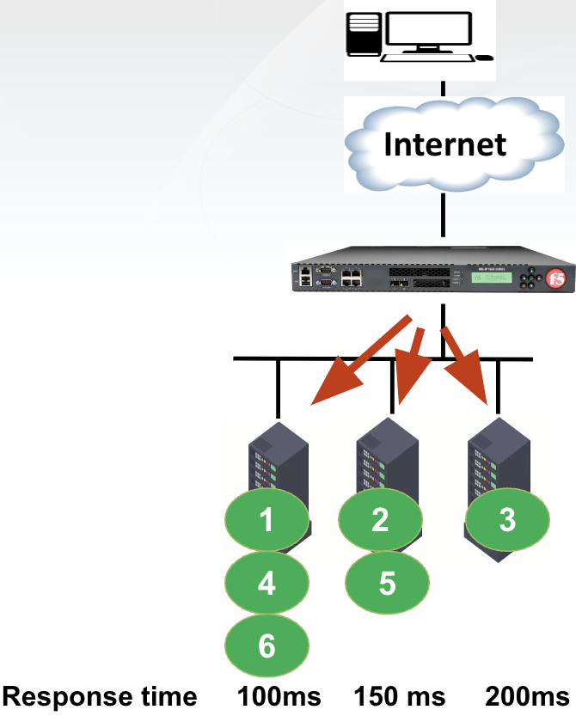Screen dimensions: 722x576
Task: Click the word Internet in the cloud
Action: click(x=444, y=144)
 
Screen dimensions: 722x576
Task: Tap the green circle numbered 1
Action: click(x=267, y=520)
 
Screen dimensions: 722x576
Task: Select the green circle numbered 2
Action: click(x=381, y=518)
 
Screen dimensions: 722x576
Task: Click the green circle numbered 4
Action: click(x=267, y=584)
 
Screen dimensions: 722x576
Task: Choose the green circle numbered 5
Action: click(x=387, y=584)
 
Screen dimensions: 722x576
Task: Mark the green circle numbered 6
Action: click(x=267, y=646)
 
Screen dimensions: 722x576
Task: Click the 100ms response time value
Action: click(x=279, y=696)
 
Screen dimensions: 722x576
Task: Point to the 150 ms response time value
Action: click(x=400, y=696)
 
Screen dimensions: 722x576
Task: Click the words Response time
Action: click(x=100, y=696)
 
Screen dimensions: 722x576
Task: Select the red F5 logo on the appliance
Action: click(x=557, y=278)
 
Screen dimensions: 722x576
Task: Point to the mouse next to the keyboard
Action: click(x=485, y=58)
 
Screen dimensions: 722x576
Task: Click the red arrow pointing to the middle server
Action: click(x=410, y=365)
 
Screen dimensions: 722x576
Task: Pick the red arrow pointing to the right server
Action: click(x=469, y=366)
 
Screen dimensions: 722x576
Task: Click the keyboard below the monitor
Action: click(x=427, y=58)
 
